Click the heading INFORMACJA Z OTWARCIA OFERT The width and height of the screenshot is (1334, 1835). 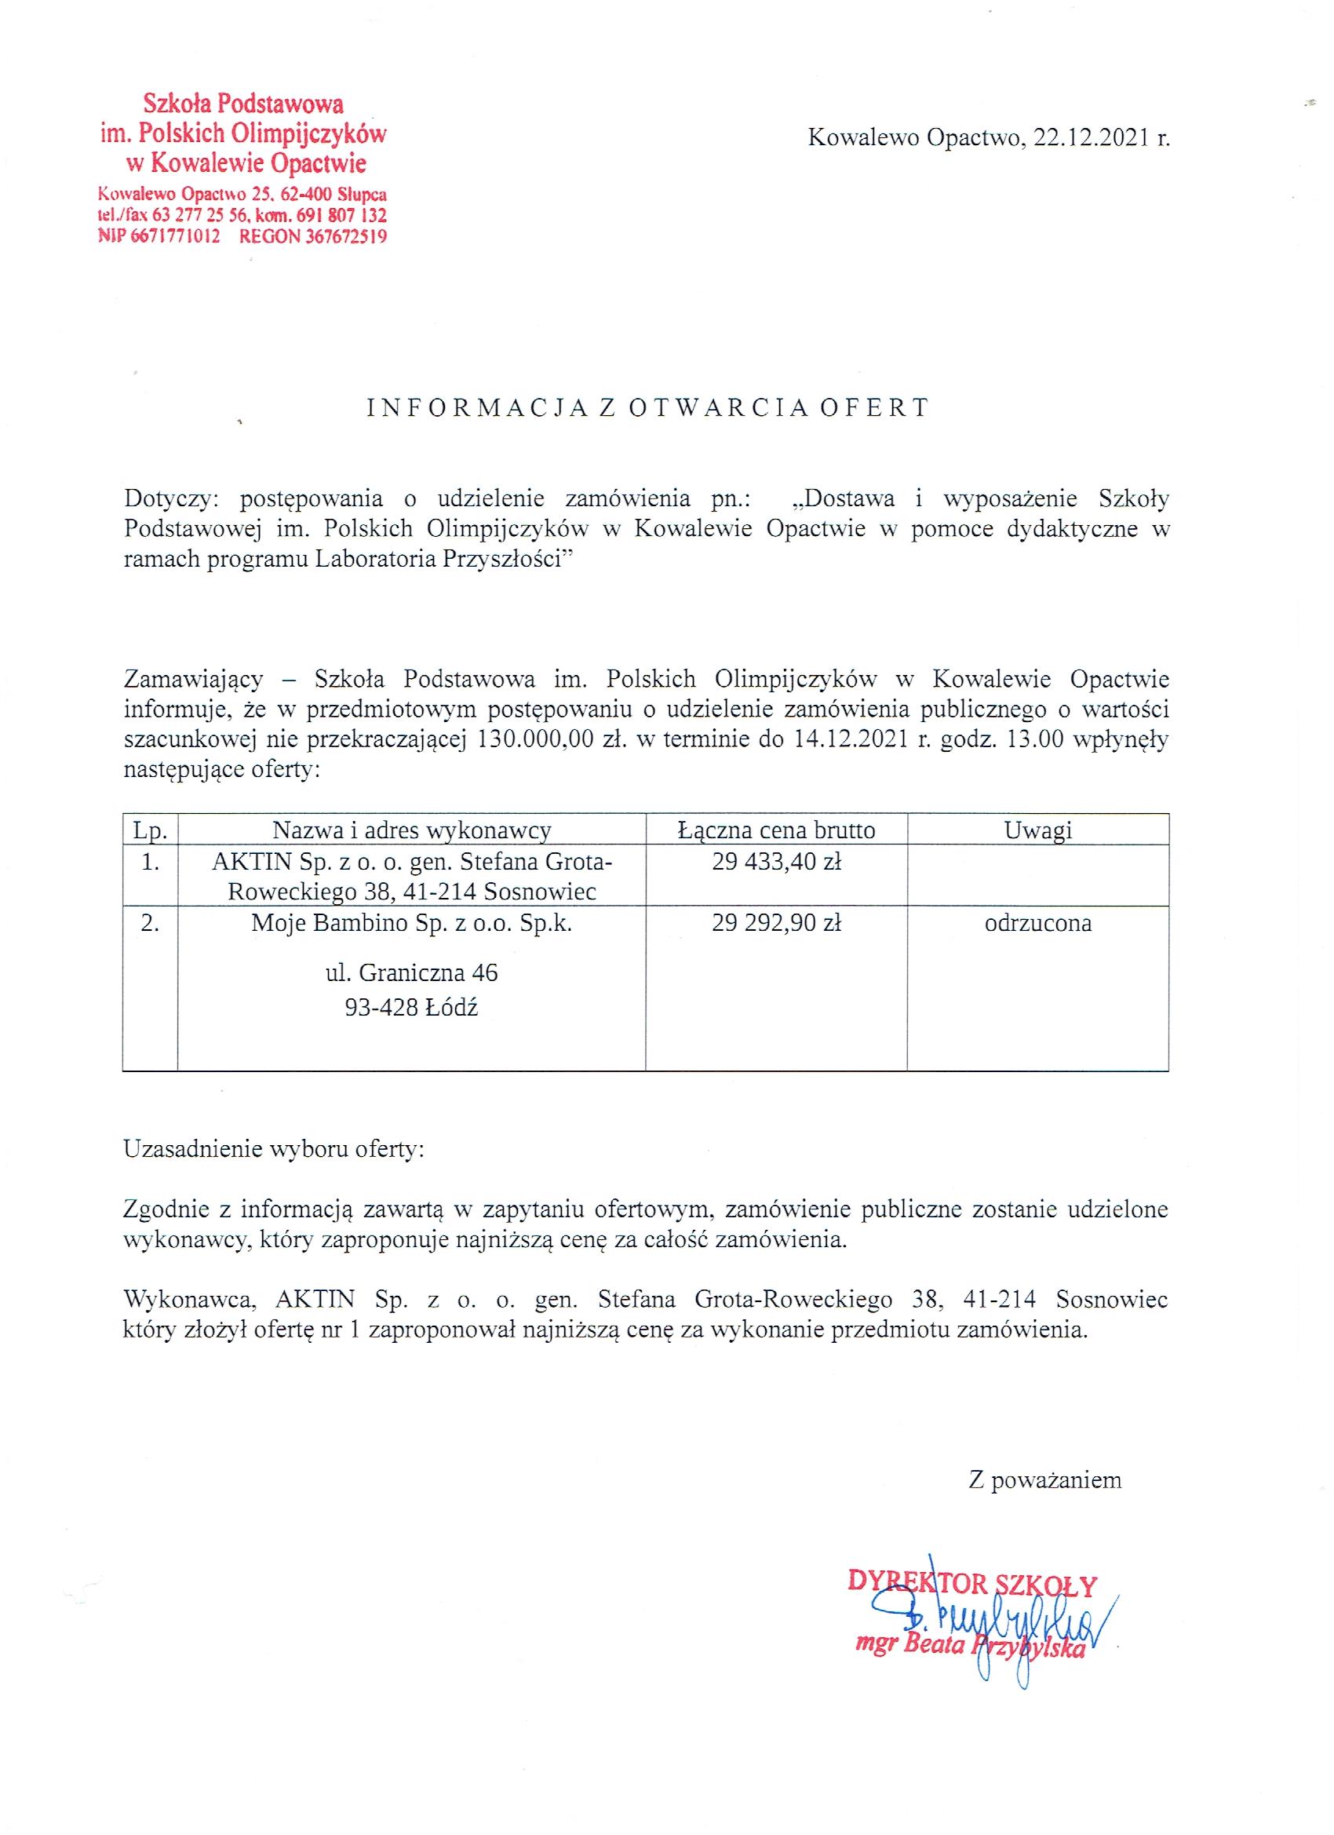coord(647,408)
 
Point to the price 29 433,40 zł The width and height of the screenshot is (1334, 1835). coord(777,862)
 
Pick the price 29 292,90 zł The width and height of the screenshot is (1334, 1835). coord(777,923)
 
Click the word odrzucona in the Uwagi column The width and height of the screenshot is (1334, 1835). coord(1038,923)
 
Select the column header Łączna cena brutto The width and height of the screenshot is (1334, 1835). coord(777,830)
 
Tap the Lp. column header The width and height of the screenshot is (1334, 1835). coord(150,830)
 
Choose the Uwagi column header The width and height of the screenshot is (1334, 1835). coord(1038,830)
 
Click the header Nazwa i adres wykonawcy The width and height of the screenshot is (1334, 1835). coord(412,830)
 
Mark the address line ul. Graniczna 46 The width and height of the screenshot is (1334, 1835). coord(412,972)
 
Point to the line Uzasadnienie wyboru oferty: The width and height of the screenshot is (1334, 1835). coord(273,1150)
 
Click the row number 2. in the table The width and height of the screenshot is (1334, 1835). coord(150,923)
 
